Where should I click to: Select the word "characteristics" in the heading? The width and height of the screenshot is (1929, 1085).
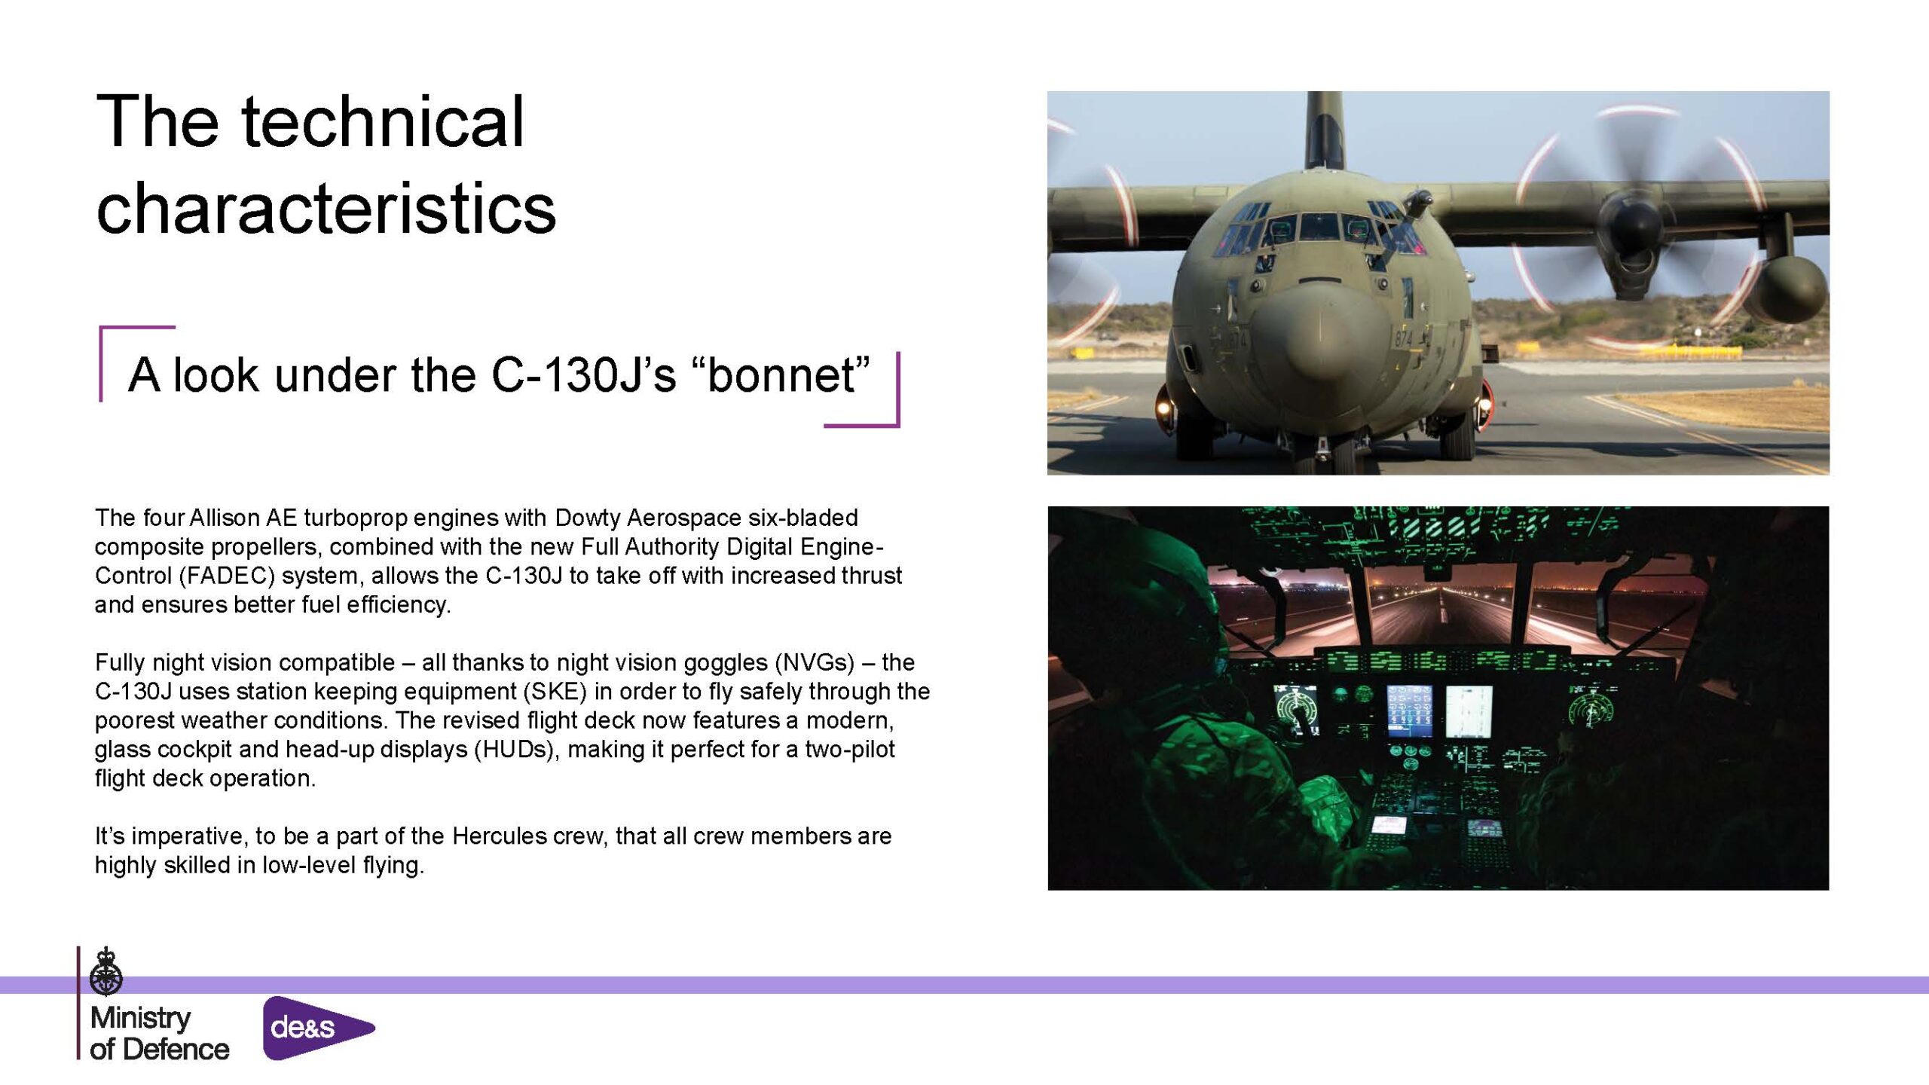326,208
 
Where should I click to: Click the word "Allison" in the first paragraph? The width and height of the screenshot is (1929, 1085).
224,518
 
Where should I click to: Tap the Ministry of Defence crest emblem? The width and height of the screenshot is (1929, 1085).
106,972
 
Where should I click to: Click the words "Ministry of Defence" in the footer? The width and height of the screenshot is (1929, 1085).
159,1033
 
